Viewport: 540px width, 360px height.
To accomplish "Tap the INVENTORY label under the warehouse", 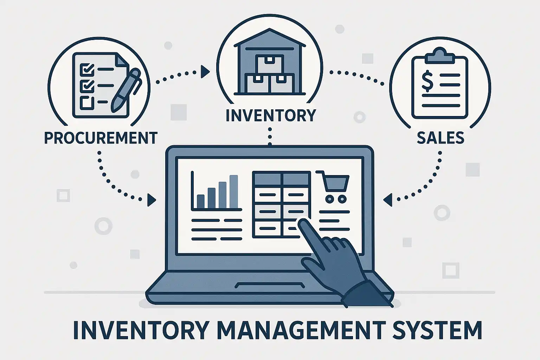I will click(270, 115).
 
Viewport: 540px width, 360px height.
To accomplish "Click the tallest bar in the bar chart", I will click(233, 191).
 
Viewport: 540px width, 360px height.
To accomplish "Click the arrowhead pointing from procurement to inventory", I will click(205, 72).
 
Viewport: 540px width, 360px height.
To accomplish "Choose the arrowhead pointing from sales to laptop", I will click(387, 200).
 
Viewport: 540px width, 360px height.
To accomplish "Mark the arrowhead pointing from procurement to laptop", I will click(152, 200).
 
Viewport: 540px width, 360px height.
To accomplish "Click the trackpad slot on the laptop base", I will click(270, 285).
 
